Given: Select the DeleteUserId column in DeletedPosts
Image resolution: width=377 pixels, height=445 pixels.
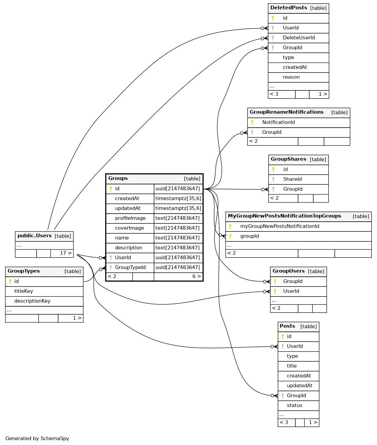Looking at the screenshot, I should click(x=298, y=38).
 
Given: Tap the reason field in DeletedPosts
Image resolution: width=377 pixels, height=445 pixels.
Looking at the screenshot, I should click(x=291, y=77).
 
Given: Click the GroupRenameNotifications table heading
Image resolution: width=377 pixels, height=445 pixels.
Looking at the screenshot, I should click(x=286, y=112).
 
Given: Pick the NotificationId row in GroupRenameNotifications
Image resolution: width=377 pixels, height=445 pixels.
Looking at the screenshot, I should click(x=278, y=122).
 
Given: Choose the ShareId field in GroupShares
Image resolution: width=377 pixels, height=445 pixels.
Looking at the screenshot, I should click(x=292, y=179).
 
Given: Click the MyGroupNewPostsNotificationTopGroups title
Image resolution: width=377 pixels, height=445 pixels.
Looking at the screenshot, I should click(x=284, y=216).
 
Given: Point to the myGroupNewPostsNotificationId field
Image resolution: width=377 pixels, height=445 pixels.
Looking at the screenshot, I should click(x=279, y=226).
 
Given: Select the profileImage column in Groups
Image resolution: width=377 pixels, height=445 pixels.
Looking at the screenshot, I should click(x=130, y=218).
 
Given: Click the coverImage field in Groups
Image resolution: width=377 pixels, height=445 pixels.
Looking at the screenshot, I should click(x=129, y=228).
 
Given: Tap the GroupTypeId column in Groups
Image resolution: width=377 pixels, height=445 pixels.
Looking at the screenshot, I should click(x=130, y=267).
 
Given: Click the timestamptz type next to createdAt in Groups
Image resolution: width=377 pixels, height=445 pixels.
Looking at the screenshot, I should click(x=178, y=198).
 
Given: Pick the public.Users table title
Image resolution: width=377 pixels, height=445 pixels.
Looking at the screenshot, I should click(x=35, y=236).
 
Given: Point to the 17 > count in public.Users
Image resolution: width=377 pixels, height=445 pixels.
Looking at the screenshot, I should click(x=65, y=253).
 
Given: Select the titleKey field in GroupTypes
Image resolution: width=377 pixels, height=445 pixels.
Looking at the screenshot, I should click(x=23, y=291).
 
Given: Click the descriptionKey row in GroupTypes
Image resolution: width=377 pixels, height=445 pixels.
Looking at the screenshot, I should click(x=32, y=301).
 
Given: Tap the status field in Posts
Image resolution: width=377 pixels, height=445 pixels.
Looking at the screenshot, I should click(x=294, y=405).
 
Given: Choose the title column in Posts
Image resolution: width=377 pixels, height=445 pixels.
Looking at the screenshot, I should click(x=291, y=366).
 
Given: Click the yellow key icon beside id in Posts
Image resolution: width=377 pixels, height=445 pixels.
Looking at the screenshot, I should click(x=283, y=337).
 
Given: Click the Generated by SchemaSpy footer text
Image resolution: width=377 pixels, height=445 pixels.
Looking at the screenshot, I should click(x=37, y=439).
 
